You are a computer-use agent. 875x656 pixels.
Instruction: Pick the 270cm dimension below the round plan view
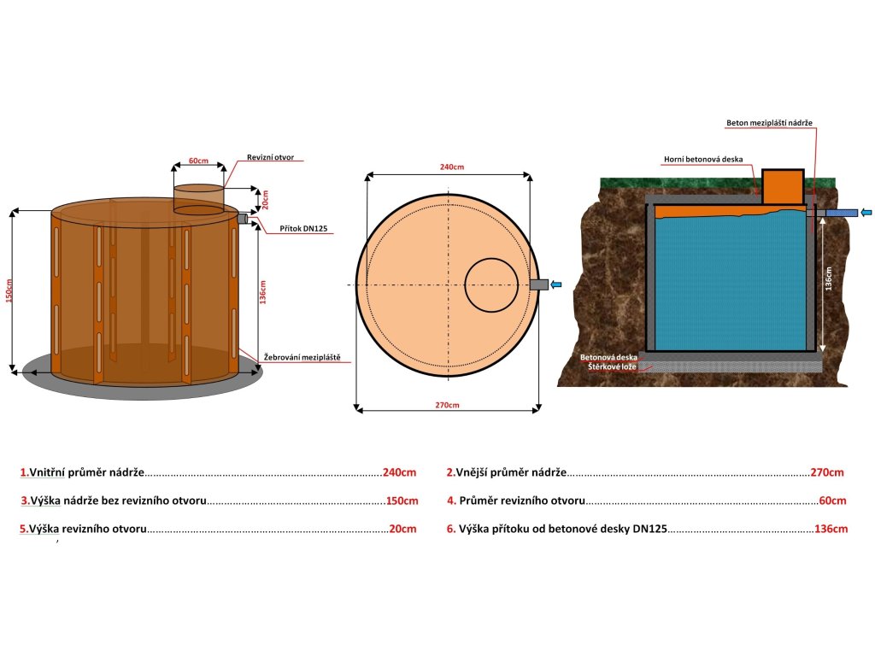pos(447,404)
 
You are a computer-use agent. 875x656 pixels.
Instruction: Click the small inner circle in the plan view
pos(490,284)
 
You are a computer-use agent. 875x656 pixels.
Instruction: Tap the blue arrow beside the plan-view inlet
pos(556,284)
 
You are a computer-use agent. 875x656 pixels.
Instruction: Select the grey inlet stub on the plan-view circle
pos(539,284)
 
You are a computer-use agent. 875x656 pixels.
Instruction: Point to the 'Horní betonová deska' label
pos(703,159)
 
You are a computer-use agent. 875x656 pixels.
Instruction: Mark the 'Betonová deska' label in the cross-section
pos(610,356)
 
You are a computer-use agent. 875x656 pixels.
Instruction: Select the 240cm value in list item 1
pos(399,472)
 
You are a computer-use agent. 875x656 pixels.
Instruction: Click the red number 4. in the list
pos(451,501)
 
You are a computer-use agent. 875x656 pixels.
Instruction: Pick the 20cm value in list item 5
pos(402,529)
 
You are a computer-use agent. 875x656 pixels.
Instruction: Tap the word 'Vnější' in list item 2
pos(473,472)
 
